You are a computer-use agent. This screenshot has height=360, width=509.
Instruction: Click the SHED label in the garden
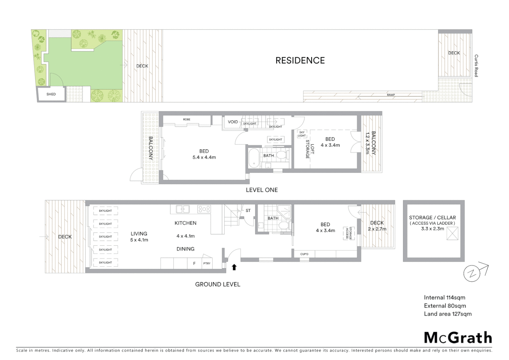click(x=51, y=94)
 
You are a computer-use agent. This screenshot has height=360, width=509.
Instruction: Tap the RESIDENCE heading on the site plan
click(x=300, y=60)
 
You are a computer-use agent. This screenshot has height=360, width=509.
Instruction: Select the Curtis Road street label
click(x=476, y=66)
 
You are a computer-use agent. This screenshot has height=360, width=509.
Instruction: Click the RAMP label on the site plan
click(x=391, y=95)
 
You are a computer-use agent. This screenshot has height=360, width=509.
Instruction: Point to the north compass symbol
click(x=472, y=273)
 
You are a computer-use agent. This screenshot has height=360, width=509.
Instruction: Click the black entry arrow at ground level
click(x=234, y=267)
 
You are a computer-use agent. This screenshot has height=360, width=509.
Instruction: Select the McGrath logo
click(x=458, y=338)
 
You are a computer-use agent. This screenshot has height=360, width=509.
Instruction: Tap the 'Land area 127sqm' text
click(x=447, y=314)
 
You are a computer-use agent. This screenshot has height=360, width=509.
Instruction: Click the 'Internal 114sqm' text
click(x=444, y=298)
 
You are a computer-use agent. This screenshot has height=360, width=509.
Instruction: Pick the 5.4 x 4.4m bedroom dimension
click(x=204, y=157)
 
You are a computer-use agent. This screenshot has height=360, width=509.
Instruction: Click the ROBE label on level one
click(x=187, y=119)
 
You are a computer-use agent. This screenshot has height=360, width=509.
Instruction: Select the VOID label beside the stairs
click(x=233, y=122)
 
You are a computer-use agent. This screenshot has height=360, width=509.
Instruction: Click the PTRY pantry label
click(x=207, y=263)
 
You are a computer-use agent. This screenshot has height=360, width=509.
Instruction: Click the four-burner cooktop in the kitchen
click(x=204, y=209)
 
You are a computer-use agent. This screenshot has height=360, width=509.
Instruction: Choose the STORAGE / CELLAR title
click(x=432, y=217)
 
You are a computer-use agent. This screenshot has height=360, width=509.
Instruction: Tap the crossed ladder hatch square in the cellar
click(x=452, y=233)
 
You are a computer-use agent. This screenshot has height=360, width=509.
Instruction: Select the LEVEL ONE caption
click(x=261, y=190)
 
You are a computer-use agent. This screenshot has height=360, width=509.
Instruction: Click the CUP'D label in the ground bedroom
click(x=304, y=254)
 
